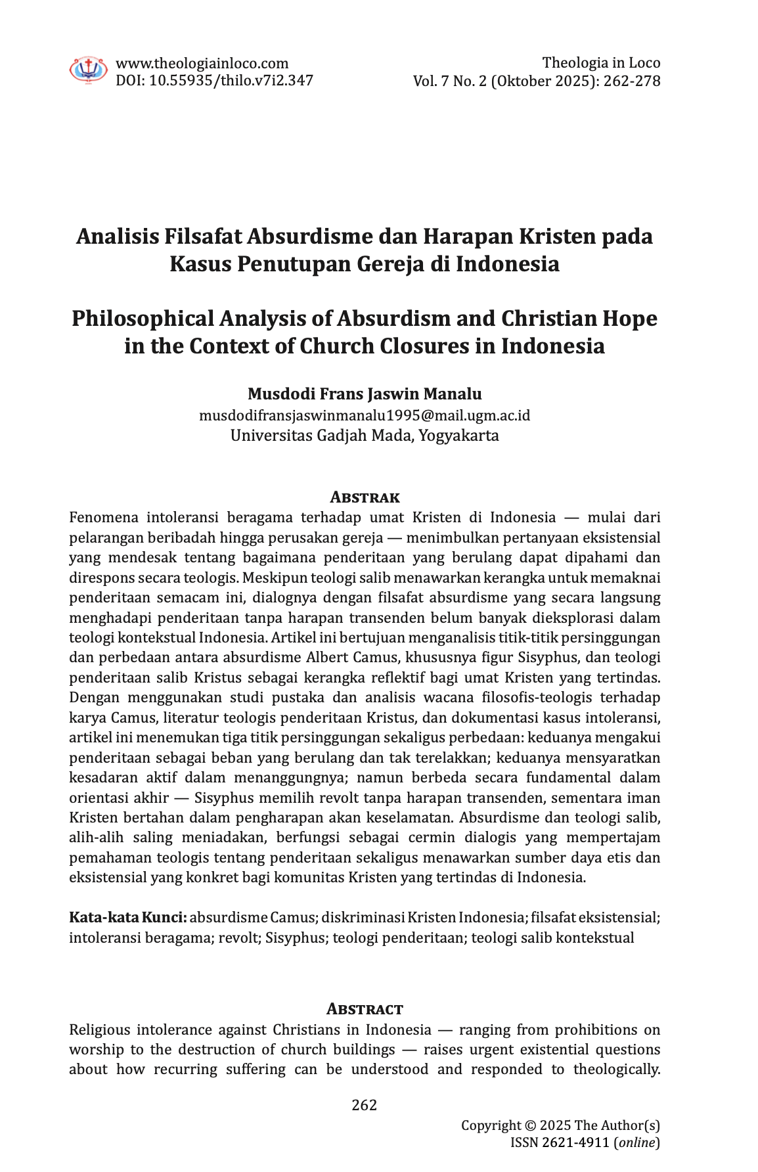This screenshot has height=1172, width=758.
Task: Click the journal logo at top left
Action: point(88,70)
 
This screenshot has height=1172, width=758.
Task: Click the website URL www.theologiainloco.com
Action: point(202,63)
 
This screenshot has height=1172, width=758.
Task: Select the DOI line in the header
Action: point(214,80)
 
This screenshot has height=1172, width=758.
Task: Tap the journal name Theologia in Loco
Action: point(601,63)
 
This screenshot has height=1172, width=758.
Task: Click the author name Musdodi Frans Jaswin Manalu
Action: point(365,394)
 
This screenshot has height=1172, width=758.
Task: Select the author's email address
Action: point(365,415)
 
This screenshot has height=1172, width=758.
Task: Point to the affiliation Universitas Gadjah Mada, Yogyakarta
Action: point(365,436)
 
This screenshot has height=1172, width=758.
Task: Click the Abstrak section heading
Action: point(365,497)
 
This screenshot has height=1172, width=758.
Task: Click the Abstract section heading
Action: point(365,1008)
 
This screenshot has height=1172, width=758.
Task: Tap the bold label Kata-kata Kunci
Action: point(128,917)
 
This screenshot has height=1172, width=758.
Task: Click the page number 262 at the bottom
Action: point(365,1104)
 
